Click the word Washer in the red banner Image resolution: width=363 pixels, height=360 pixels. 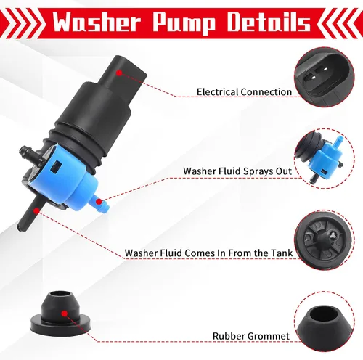point(97,22)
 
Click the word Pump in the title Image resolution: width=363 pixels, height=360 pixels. point(184,23)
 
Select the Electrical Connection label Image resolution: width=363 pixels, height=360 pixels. point(244,92)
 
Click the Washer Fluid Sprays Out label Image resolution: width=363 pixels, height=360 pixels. point(237,171)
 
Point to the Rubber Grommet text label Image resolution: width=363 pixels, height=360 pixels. point(251,336)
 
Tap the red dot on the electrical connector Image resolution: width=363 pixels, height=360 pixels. point(119,73)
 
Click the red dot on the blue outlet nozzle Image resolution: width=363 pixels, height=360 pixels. point(99,201)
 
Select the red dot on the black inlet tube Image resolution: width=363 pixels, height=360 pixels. point(36,211)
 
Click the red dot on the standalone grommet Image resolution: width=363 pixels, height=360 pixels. point(65,314)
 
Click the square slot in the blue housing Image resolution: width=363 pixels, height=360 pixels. point(57,167)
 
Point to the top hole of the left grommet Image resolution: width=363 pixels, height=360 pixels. point(59,295)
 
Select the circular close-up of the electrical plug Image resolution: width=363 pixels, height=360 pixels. point(325,77)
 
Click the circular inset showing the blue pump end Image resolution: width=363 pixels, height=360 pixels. point(325,159)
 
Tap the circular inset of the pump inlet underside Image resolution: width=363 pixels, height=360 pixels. point(325,240)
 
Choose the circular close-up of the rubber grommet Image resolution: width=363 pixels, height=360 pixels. point(325,322)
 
